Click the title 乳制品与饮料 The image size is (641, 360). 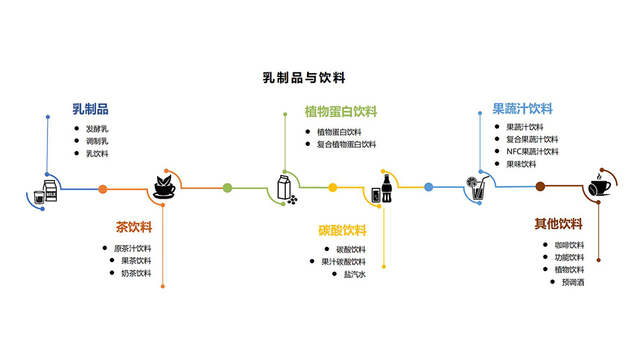coord(304,78)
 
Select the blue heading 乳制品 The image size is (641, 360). coord(90,109)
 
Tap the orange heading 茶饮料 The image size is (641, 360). coord(134,227)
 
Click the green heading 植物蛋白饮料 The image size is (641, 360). coord(340,111)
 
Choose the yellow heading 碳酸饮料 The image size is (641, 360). coord(342,230)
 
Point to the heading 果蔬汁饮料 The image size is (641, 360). coord(522,109)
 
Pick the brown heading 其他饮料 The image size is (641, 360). coord(559,224)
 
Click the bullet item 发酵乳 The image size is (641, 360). coord(97,129)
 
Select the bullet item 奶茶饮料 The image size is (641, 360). coord(136,273)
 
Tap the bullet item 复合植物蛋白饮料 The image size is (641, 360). coord(346,144)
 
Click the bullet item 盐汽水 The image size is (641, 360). coord(354,274)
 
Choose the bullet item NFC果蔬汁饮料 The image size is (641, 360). coord(532,152)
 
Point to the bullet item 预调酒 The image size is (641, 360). coord(573,282)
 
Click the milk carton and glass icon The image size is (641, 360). coord(46,192)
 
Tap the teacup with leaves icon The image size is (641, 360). coord(165,186)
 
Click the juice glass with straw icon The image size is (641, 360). coord(476,187)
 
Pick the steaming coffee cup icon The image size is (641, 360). coord(600,185)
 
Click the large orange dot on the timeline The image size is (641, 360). coord(103,188)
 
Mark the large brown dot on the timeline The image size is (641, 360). coord(540,186)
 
